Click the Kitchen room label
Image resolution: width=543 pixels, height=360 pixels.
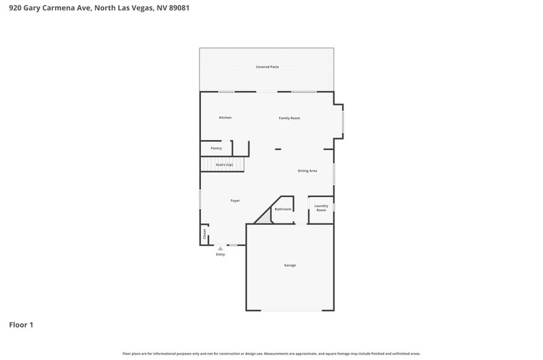(225, 118)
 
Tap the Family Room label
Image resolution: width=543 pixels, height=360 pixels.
(290, 118)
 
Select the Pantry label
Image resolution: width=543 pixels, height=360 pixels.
(217, 148)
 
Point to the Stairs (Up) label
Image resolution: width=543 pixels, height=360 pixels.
(224, 164)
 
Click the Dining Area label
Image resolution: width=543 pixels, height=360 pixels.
(307, 170)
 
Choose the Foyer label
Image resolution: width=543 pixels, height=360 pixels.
(235, 200)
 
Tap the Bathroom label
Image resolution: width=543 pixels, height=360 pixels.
(283, 209)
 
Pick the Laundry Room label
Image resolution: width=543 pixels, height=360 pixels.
(321, 208)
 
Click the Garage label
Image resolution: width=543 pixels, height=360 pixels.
(290, 266)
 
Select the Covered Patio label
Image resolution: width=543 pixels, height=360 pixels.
(267, 67)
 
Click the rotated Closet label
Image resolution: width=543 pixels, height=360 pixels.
(204, 234)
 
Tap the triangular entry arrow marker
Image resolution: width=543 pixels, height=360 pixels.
(220, 249)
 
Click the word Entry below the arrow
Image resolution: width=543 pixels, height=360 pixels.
(220, 254)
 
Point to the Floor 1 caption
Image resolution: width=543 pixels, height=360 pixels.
(21, 325)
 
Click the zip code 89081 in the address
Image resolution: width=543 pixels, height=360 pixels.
(179, 7)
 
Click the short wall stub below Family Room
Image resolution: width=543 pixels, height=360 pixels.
(278, 149)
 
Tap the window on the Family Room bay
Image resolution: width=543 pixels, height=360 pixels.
(343, 122)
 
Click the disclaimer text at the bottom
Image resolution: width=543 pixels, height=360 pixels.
(271, 354)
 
